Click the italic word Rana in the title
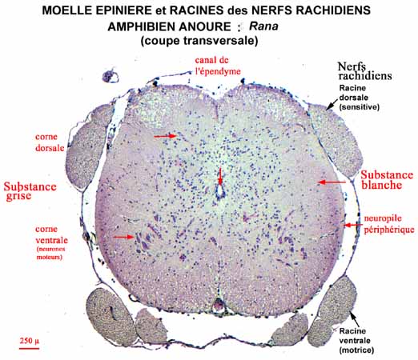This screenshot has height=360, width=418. [x=263, y=26]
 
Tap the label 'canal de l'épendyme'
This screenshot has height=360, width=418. [x=218, y=66]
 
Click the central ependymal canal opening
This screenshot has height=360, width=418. [x=220, y=190]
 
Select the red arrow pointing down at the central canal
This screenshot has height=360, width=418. [x=220, y=176]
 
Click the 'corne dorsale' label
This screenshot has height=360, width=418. [x=50, y=142]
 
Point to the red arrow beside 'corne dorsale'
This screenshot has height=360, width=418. [x=165, y=136]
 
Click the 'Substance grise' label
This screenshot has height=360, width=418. [x=30, y=191]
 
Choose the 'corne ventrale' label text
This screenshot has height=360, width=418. [x=51, y=234]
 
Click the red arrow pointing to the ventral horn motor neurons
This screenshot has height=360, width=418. [x=124, y=237]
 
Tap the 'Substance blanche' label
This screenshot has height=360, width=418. [x=387, y=180]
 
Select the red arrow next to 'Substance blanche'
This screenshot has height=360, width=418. [x=332, y=182]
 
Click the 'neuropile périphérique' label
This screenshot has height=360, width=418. [x=389, y=224]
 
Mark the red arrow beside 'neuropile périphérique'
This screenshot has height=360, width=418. [x=353, y=226]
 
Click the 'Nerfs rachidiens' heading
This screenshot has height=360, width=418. [x=364, y=71]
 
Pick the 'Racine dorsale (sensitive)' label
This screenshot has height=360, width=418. [x=360, y=98]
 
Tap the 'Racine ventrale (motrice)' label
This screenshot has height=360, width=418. [x=356, y=341]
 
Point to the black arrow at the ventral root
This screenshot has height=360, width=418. [x=355, y=320]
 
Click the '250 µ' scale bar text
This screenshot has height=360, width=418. [x=30, y=341]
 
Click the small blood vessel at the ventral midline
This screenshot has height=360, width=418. [x=219, y=304]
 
